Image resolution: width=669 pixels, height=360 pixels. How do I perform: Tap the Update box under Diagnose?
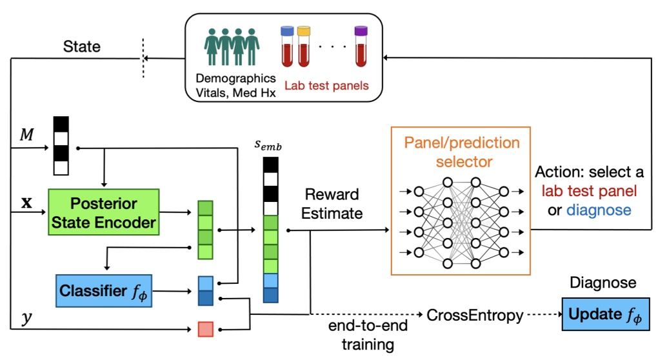pos(605,315)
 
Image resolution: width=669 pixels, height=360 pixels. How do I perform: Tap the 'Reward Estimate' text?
pos(332,204)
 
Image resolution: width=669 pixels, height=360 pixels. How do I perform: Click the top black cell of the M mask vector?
pos(61,123)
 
